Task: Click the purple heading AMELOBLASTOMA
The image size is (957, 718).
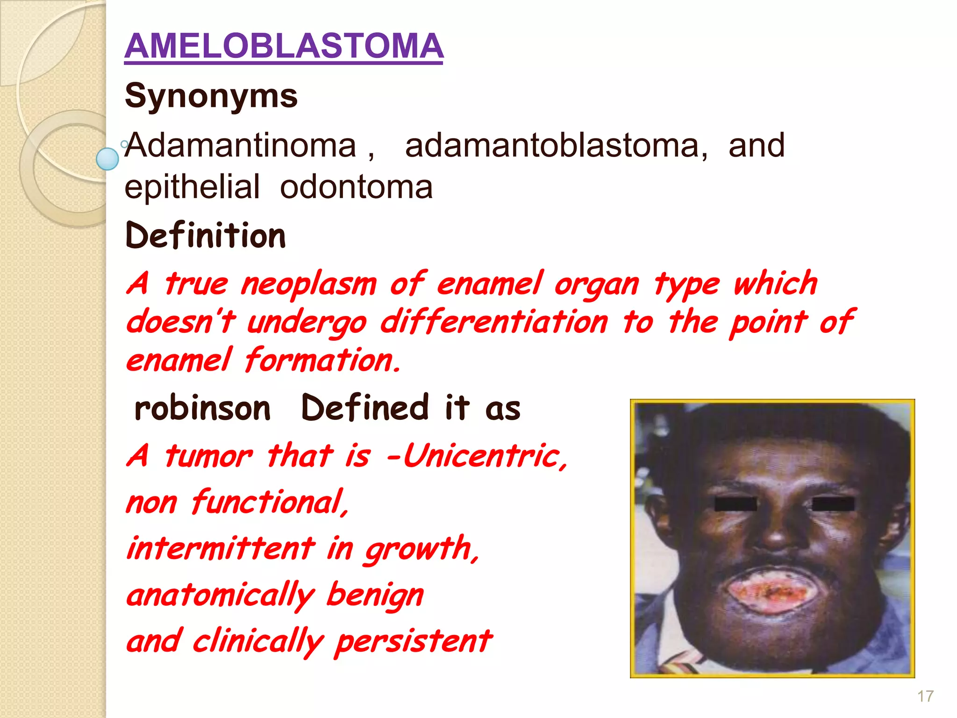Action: click(284, 46)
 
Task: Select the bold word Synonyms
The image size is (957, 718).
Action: click(211, 96)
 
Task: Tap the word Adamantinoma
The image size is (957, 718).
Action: click(241, 145)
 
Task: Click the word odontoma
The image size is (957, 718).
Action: click(356, 187)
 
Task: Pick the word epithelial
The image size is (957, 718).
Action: click(192, 187)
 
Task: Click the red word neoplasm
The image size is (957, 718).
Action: click(308, 284)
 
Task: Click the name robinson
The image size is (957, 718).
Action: click(202, 408)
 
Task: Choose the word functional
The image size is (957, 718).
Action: click(270, 502)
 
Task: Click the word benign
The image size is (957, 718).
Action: click(375, 595)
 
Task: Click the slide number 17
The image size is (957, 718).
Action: click(925, 696)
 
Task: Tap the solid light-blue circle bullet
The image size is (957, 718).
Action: click(107, 159)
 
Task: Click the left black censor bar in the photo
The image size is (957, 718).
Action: click(736, 504)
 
